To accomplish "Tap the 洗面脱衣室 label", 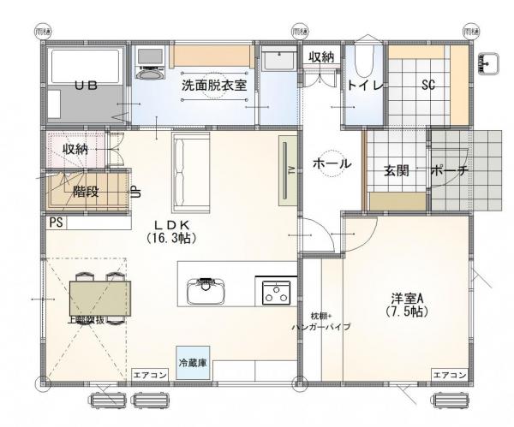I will click(213, 86).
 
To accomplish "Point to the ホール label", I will click(330, 163).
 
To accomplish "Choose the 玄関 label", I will click(395, 170).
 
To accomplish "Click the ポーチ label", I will click(449, 170).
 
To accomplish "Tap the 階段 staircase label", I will click(87, 192).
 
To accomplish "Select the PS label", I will click(56, 222).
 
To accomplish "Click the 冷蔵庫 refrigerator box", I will click(192, 363).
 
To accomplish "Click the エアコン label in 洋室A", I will click(449, 375).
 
